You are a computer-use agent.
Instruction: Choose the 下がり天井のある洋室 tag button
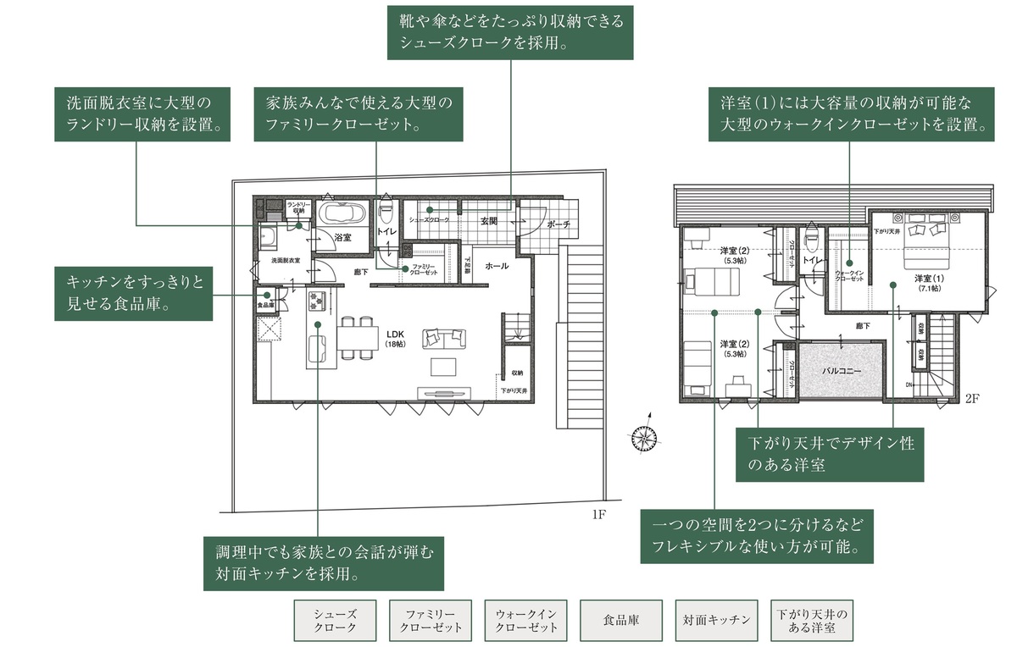pyautogui.click(x=812, y=621)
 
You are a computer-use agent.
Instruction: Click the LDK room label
pyautogui.click(x=396, y=336)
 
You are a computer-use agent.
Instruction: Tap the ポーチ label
pyautogui.click(x=559, y=224)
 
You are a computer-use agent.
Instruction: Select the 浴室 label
pyautogui.click(x=342, y=238)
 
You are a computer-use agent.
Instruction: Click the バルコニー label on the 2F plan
pyautogui.click(x=842, y=371)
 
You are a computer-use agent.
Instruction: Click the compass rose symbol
pyautogui.click(x=645, y=436)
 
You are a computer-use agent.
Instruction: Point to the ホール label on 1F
pyautogui.click(x=497, y=266)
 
